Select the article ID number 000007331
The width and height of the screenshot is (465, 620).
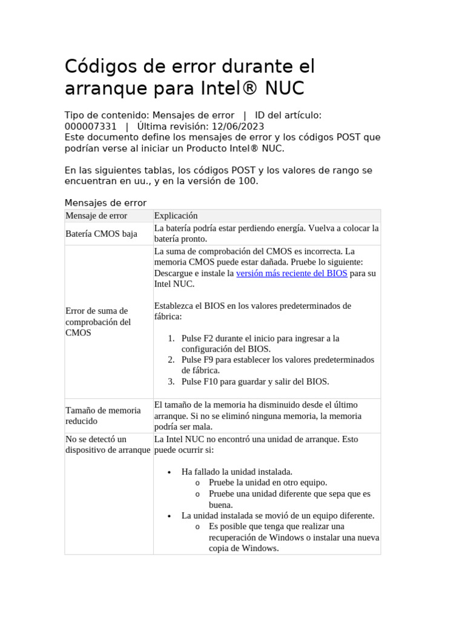(91, 127)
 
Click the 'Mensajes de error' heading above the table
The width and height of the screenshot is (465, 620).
(105, 203)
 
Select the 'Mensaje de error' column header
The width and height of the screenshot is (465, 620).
(96, 216)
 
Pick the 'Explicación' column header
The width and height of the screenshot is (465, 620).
(176, 216)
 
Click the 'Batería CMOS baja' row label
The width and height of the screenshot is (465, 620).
(101, 234)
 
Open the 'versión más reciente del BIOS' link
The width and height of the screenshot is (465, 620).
(291, 273)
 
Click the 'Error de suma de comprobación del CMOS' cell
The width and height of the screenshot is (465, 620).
(98, 322)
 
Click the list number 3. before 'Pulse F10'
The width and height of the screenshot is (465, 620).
(171, 381)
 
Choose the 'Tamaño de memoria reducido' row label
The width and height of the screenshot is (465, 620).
(103, 415)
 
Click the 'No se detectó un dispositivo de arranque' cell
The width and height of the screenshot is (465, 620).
(107, 444)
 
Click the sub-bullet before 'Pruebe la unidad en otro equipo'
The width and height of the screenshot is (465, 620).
(197, 483)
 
